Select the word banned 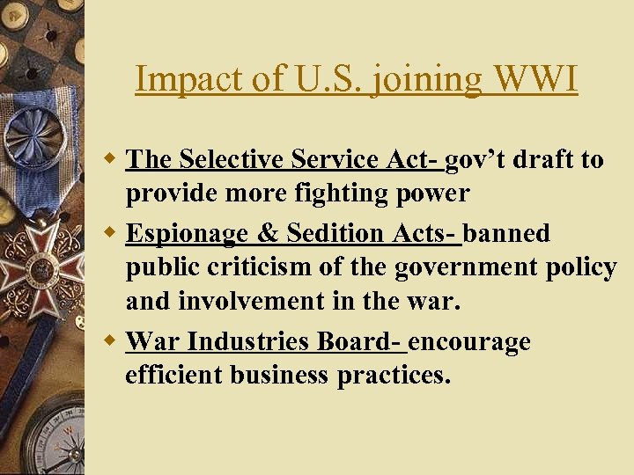506,233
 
